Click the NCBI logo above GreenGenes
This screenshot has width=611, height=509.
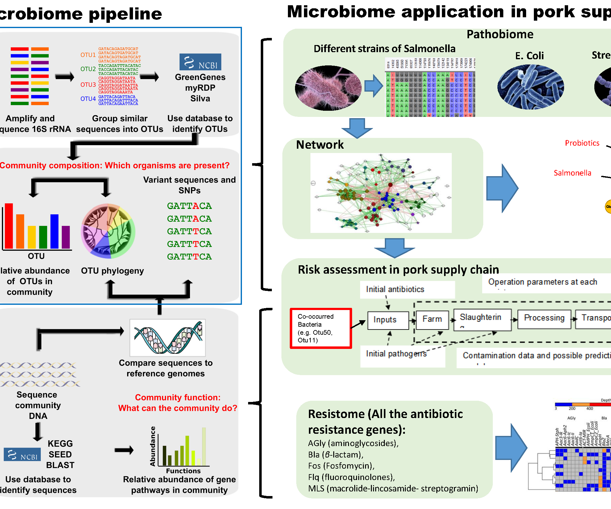coord(200,62)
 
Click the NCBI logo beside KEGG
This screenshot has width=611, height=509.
coord(22,454)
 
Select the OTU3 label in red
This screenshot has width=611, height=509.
coord(88,85)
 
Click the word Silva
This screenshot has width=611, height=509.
coord(200,99)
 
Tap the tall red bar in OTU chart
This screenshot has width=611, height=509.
coord(9,226)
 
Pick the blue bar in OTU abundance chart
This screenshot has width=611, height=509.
coord(55,231)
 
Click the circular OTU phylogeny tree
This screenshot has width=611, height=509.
coord(108,231)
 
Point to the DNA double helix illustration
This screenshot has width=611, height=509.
coord(168,337)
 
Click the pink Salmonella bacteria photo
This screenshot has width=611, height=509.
coord(328,88)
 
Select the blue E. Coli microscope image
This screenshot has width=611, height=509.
coord(530,87)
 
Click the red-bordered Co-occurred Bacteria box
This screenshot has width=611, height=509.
coord(321,328)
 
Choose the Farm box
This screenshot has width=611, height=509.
coord(432,319)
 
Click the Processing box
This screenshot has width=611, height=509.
coord(544,318)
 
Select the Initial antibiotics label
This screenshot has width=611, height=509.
coord(395,289)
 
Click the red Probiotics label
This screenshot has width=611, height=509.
coord(582,143)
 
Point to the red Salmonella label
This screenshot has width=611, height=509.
coord(572,173)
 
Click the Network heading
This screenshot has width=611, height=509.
coord(320,145)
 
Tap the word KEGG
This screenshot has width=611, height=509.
coord(60,444)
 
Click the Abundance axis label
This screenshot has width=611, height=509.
coord(152,446)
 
